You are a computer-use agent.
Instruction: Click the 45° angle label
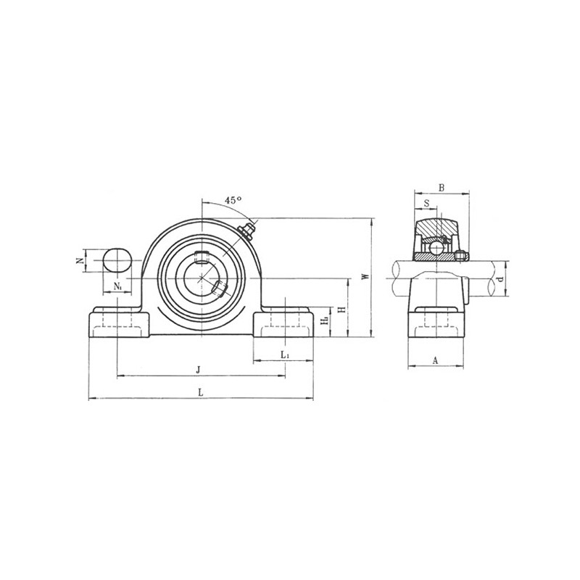(x=233, y=200)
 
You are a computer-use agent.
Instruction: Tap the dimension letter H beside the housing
(x=343, y=309)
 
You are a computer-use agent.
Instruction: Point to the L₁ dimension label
(x=284, y=355)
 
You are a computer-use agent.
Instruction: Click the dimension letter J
(x=198, y=370)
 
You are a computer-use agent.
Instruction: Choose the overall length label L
(x=201, y=392)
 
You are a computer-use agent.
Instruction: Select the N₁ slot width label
(x=117, y=286)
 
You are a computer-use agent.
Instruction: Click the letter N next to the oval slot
(x=80, y=261)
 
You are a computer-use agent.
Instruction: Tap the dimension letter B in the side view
(x=442, y=188)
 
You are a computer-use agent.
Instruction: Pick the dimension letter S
(x=426, y=203)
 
